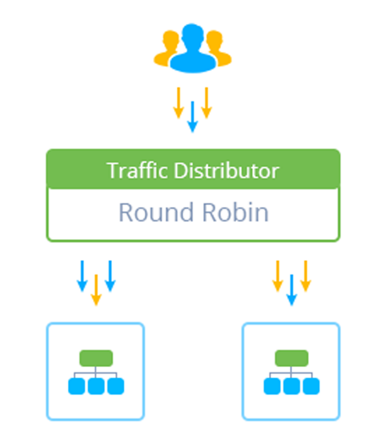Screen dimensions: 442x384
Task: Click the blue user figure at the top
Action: tap(193, 48)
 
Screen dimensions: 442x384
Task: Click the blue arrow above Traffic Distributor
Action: tap(193, 117)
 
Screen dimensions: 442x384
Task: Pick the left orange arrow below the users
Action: tap(179, 103)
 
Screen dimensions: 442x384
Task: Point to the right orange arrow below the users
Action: tap(207, 103)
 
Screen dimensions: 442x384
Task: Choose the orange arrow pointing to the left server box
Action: tap(96, 290)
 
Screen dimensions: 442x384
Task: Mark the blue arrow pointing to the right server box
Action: tap(291, 290)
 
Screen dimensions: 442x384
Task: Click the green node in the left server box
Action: tap(96, 358)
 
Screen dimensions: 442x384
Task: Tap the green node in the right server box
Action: tap(292, 358)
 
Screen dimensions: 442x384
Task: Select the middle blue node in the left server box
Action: tap(96, 386)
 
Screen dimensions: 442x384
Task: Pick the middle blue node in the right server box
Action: tap(292, 386)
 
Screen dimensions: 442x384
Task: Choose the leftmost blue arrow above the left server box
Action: tap(82, 276)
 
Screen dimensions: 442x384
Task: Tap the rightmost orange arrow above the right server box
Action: tap(305, 276)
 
